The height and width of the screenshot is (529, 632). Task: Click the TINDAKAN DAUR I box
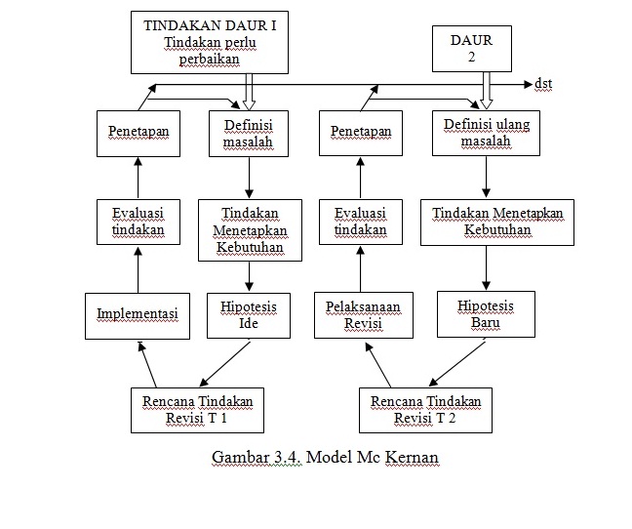[210, 43]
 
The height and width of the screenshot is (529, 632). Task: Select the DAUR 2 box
[471, 50]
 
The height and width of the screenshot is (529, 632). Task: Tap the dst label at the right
[543, 84]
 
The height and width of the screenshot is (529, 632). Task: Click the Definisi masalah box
[248, 134]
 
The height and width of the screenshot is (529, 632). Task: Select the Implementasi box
[137, 314]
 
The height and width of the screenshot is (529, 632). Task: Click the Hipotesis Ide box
[248, 314]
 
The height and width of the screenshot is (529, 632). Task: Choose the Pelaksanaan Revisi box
[363, 314]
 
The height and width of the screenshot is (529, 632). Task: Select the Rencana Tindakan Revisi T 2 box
[424, 410]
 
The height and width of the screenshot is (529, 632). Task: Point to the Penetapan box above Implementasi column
[137, 132]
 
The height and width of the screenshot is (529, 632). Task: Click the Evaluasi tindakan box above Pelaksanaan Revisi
[360, 222]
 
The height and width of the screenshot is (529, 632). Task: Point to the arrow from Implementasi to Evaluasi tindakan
[137, 267]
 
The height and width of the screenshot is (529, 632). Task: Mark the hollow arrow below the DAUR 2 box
[485, 93]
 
